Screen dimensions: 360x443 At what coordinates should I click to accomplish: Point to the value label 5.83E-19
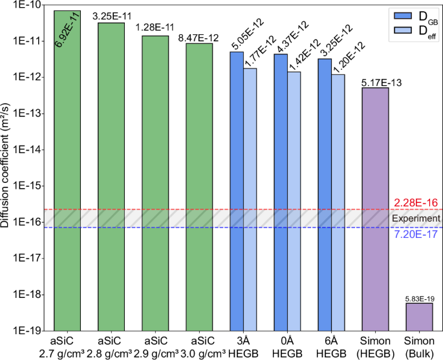pos(419,297)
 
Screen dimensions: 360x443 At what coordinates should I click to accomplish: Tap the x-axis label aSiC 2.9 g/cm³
pos(155,346)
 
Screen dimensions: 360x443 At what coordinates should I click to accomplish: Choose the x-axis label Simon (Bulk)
pos(419,346)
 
